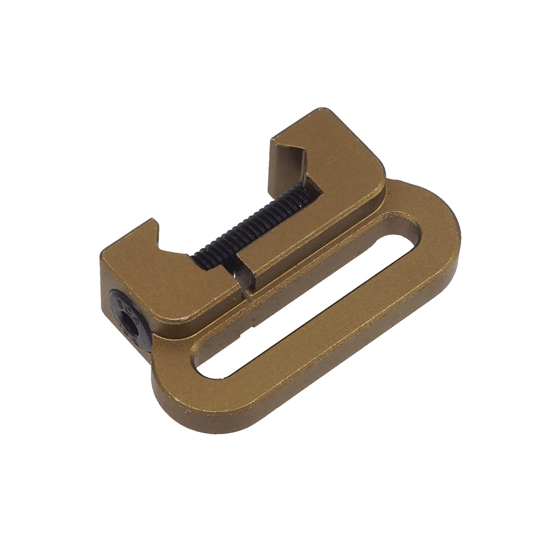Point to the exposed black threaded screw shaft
click(x=255, y=223)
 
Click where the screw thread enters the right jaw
click(x=301, y=191)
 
